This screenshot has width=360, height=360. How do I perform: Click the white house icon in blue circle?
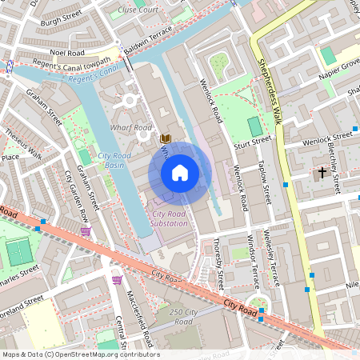coord(180,172)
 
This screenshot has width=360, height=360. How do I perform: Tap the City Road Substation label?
coord(170,218)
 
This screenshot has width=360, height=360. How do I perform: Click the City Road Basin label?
coord(116,160)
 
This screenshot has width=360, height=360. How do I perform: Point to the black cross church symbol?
coord(322,172)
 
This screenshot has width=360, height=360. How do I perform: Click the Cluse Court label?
coord(138,10)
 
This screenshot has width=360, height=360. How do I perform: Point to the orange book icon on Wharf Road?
coord(165,138)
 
